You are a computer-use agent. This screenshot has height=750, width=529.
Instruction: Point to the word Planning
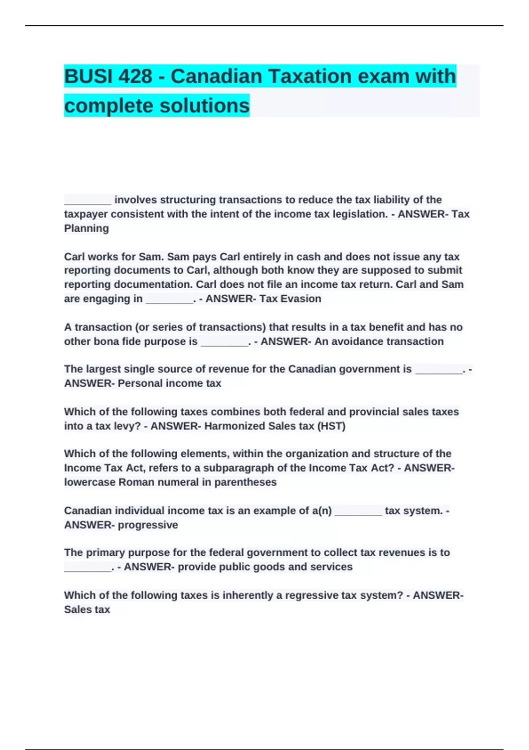pyautogui.click(x=86, y=229)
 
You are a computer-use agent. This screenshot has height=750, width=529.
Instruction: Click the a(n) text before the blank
pyautogui.click(x=321, y=511)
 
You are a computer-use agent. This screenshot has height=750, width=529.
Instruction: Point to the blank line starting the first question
pyautogui.click(x=88, y=201)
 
